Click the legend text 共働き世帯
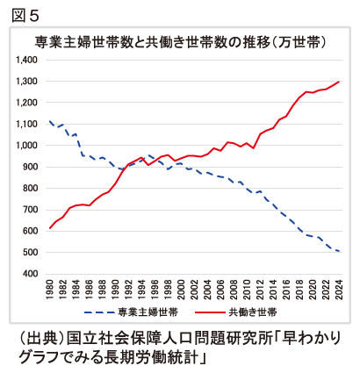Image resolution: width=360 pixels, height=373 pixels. (x=256, y=312)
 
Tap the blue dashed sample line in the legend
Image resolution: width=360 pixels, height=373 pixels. (x=104, y=312)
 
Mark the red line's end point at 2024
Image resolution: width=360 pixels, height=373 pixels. (x=339, y=82)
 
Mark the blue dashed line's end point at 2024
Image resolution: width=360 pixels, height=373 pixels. (x=339, y=251)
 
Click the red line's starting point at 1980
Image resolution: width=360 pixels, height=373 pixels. (x=50, y=228)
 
